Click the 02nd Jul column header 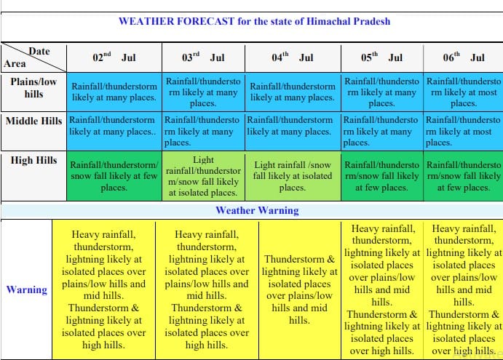[114, 57]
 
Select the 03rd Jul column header [203, 57]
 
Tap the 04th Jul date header [293, 57]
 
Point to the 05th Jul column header [381, 57]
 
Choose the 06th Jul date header [464, 57]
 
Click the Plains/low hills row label [33, 88]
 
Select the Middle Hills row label [33, 121]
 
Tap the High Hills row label [33, 160]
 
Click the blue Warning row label [27, 289]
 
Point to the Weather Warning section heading [257, 210]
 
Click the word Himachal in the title [328, 21]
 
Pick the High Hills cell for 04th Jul [293, 176]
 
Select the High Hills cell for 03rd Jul [203, 176]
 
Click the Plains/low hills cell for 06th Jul [464, 92]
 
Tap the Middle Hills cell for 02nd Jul [114, 131]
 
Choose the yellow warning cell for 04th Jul [300, 289]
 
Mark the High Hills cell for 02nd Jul [114, 176]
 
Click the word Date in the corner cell [39, 52]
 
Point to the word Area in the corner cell [15, 63]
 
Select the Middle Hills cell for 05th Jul [382, 131]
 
